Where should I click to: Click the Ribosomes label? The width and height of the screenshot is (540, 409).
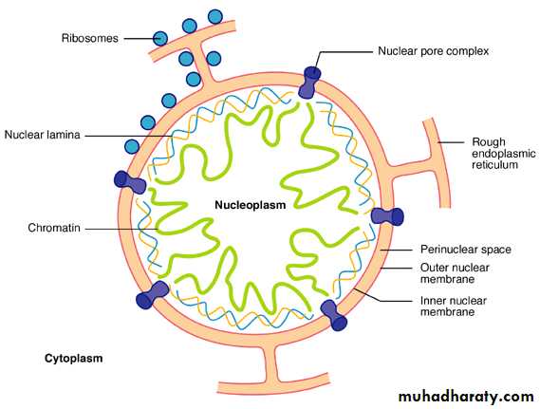tap(89, 38)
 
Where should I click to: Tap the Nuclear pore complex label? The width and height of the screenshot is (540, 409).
tap(434, 51)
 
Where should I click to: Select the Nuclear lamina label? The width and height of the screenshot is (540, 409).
tap(42, 135)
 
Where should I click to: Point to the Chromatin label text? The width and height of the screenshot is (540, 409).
tap(54, 228)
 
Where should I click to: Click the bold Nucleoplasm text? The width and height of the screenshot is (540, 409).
tap(251, 205)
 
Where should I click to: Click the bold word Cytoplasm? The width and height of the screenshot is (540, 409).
tap(74, 359)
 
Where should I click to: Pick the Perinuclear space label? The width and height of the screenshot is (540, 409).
tap(466, 250)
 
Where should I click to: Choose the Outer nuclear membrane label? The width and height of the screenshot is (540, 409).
tap(455, 273)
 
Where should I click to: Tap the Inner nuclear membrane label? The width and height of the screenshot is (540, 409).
tap(454, 307)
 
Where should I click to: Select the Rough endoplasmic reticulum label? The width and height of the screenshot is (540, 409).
tap(504, 153)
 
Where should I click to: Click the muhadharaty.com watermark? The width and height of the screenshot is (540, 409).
tap(466, 397)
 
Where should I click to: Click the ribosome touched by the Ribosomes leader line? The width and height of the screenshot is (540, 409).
tap(160, 38)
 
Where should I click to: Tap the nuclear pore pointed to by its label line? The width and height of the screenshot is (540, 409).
tap(309, 83)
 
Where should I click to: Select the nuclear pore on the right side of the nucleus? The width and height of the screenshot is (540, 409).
tap(387, 216)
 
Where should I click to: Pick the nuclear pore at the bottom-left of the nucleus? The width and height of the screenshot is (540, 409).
tap(153, 294)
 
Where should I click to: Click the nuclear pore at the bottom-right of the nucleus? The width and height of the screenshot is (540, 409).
tap(334, 315)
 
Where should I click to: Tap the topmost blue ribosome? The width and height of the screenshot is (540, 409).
tap(215, 16)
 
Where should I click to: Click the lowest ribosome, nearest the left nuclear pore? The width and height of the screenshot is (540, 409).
tap(132, 147)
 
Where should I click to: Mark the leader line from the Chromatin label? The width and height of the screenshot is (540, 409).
tap(121, 229)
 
